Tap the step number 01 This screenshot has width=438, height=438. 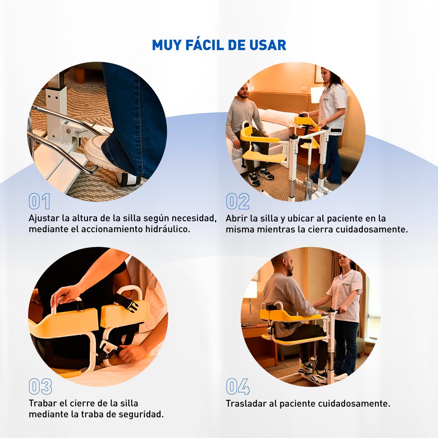(39, 201)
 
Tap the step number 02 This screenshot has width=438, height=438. (238, 201)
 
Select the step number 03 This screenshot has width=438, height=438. (40, 386)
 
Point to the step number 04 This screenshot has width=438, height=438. (238, 386)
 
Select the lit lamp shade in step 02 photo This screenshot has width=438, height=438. (317, 95)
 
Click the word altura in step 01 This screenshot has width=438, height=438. (84, 218)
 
